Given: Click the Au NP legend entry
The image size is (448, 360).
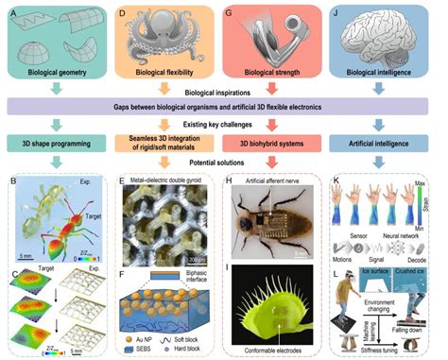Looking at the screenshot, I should point(141,337).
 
